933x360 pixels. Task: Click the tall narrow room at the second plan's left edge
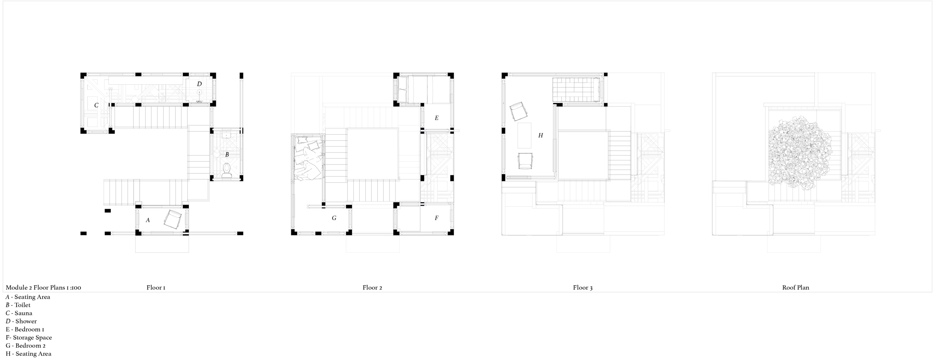306,104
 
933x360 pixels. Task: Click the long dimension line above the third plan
556,75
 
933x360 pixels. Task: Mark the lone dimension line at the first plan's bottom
162,234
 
